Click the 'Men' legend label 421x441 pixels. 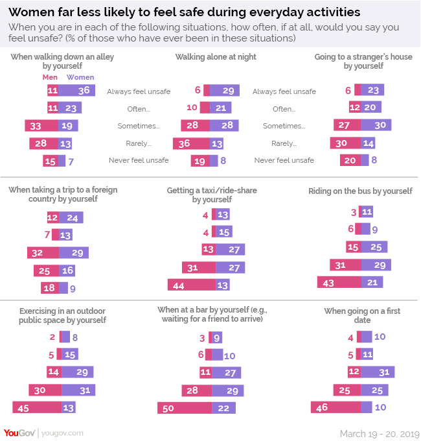pyautogui.click(x=49, y=78)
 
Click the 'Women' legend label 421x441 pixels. pyautogui.click(x=80, y=78)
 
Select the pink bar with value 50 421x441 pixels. pyautogui.click(x=185, y=407)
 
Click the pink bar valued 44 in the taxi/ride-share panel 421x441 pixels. pyautogui.click(x=191, y=284)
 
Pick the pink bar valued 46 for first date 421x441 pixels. pyautogui.click(x=336, y=407)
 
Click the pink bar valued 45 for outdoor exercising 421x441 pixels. pyautogui.click(x=37, y=407)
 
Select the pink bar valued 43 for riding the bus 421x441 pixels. pyautogui.click(x=338, y=282)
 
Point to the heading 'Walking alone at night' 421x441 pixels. pyautogui.click(x=216, y=57)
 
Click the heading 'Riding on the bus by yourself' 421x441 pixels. pyautogui.click(x=360, y=191)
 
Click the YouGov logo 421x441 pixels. pyautogui.click(x=18, y=432)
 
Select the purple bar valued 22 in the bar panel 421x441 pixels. pyautogui.click(x=224, y=407)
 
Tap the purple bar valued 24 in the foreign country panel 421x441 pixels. pyautogui.click(x=71, y=217)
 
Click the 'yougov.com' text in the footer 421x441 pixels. pyautogui.click(x=63, y=433)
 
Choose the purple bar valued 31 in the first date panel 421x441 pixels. pyautogui.click(x=378, y=372)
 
